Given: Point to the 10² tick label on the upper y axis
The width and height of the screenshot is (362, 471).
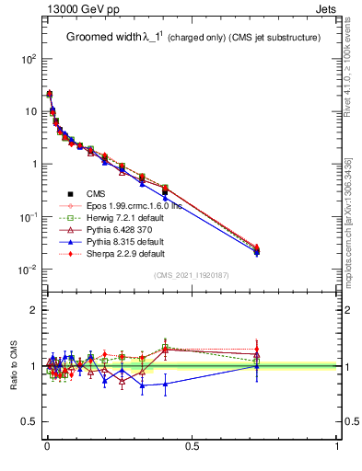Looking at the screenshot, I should tap(28, 58).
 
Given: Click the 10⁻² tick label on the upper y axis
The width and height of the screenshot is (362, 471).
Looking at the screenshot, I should tap(27, 270).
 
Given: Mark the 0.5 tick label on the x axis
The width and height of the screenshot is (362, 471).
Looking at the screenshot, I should tap(192, 448).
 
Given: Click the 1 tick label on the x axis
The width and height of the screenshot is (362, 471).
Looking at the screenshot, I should tap(337, 448).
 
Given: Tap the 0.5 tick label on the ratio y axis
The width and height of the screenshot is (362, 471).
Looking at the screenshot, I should tap(29, 421).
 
